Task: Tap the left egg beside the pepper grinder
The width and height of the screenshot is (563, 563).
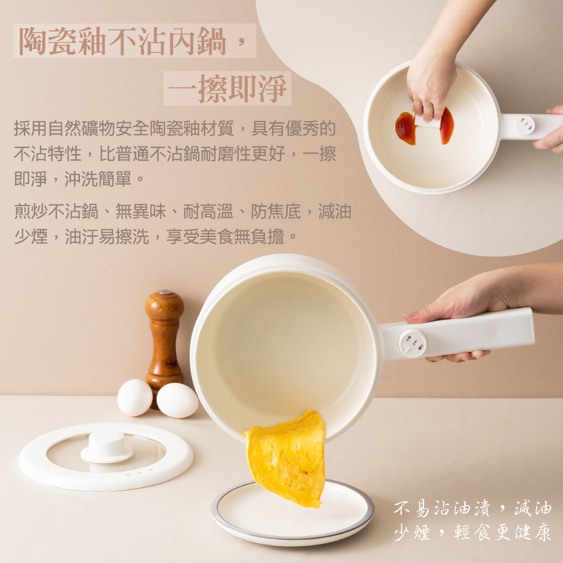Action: (x=135, y=398)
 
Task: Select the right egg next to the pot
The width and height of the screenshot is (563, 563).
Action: (x=177, y=400)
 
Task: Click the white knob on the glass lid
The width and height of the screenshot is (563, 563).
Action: (x=106, y=446)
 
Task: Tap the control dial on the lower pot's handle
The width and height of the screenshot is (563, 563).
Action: (x=413, y=343)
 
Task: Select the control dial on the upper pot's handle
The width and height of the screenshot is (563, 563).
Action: (x=525, y=126)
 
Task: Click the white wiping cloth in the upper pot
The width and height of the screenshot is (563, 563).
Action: (x=427, y=122)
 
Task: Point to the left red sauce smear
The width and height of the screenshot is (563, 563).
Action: (x=405, y=128)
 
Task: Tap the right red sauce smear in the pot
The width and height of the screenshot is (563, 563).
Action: (x=447, y=126)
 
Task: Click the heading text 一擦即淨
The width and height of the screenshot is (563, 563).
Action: (x=227, y=88)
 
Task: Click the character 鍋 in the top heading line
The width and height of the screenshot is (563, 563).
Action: (x=212, y=41)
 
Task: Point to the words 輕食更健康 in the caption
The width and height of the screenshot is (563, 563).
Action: (x=502, y=532)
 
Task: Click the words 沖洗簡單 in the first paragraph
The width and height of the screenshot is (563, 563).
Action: (x=97, y=178)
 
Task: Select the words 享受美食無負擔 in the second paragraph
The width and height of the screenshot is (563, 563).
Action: (x=225, y=236)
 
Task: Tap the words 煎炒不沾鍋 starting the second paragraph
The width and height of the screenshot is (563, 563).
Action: (x=56, y=211)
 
